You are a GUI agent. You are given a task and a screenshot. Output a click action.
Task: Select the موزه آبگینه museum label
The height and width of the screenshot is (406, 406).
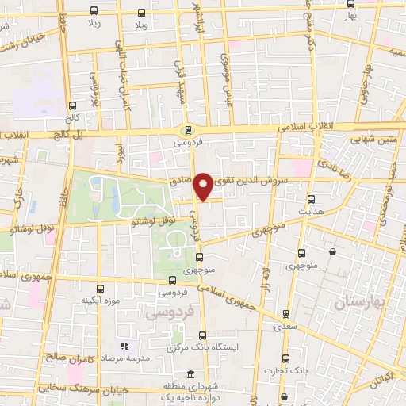tap(100, 301)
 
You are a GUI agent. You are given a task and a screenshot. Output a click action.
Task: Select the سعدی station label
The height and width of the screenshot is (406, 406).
tap(285, 326)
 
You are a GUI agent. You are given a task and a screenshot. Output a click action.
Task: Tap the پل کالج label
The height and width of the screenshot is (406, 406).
tap(48, 135)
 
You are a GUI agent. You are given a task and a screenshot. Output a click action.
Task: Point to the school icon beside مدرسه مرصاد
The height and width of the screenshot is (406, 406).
tap(124, 347)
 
